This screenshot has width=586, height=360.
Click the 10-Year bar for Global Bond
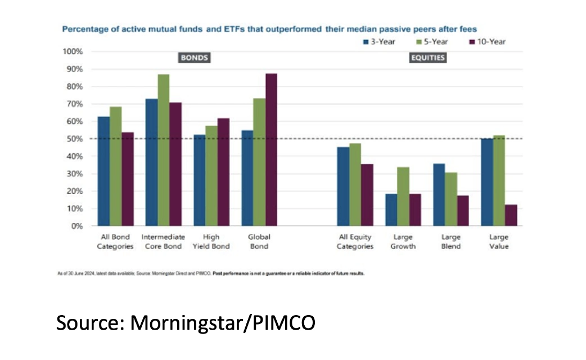tap(271, 150)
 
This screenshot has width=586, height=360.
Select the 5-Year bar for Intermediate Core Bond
tap(163, 150)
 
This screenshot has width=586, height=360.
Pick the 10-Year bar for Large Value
tap(511, 215)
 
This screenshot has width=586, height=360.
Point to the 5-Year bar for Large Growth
tap(403, 196)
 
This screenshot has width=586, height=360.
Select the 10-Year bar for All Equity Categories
tap(367, 195)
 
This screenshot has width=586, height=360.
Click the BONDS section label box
tap(193, 57)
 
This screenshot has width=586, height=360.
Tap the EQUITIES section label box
tap(428, 57)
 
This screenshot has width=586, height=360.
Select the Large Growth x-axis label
tap(402, 242)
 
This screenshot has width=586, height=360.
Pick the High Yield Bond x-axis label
tap(211, 242)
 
